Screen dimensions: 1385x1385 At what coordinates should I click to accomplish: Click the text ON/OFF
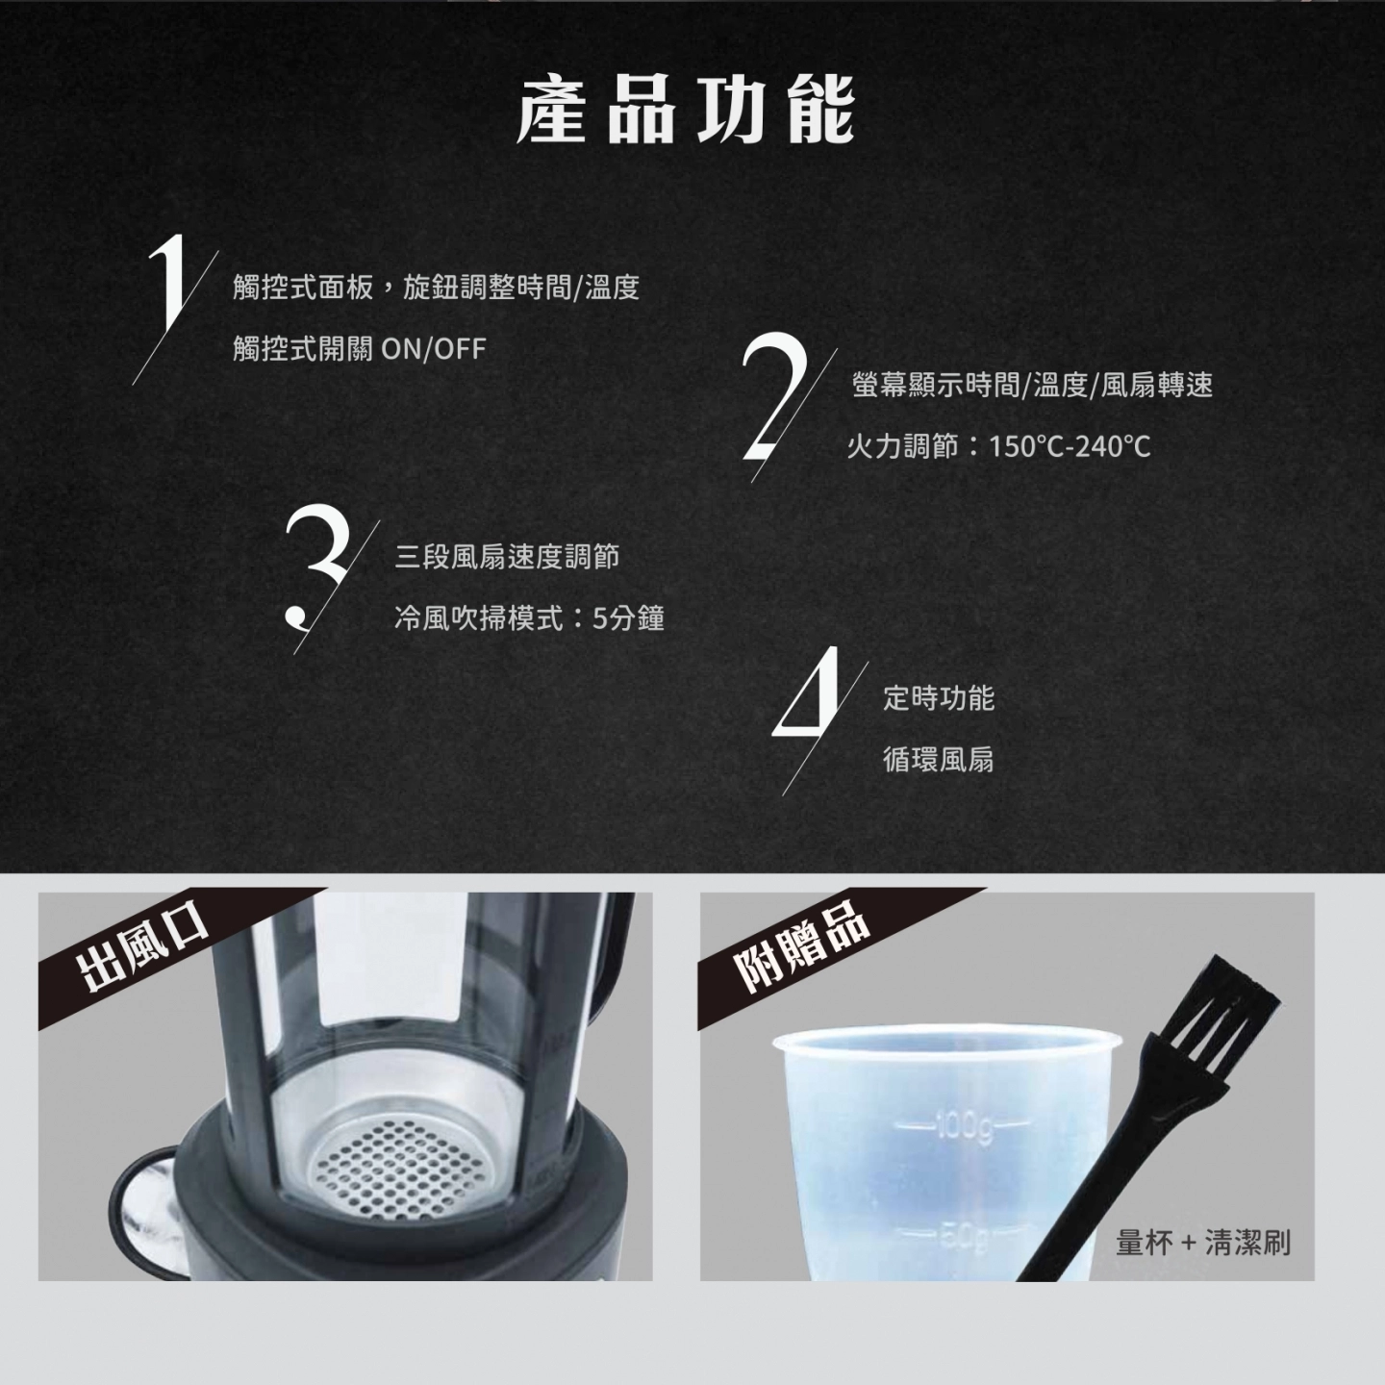point(434,349)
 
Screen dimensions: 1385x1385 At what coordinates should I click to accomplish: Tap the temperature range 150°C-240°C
point(1070,447)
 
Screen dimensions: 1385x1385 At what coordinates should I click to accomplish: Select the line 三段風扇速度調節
point(507,557)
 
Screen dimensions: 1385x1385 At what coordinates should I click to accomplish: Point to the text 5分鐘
point(628,618)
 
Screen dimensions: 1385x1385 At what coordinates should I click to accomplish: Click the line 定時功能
point(938,697)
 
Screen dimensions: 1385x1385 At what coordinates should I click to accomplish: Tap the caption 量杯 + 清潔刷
point(1202,1242)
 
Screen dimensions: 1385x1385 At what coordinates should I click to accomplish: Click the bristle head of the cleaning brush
point(1225,1007)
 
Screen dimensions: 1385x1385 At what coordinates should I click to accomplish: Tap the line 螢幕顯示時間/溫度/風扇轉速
point(1032,386)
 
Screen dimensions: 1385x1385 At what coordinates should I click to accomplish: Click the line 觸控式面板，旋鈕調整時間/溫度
point(436,289)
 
